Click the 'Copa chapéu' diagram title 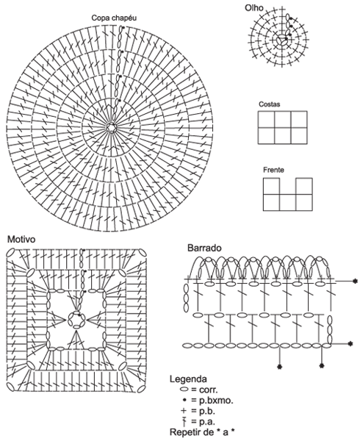click(x=114, y=18)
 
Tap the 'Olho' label click(x=254, y=7)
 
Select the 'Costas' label click(x=269, y=104)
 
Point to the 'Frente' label click(x=273, y=170)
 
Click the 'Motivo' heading click(x=21, y=240)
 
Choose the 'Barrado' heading click(x=204, y=248)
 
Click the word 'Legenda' click(x=188, y=379)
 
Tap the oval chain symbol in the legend click(x=184, y=390)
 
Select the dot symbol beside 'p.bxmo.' click(x=184, y=401)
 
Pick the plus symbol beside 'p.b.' click(x=184, y=411)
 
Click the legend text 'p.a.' click(x=207, y=422)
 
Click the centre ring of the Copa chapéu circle click(x=112, y=128)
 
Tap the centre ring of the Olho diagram click(x=281, y=40)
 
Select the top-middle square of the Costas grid click(x=283, y=120)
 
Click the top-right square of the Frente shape click(x=304, y=186)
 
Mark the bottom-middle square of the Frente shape click(x=288, y=203)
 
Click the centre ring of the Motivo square click(x=76, y=320)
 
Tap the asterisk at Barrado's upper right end click(x=355, y=281)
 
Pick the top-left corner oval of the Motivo click(x=11, y=252)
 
